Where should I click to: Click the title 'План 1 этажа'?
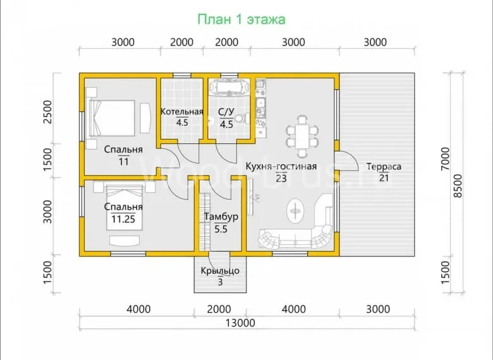[241, 20]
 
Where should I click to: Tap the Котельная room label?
[182, 112]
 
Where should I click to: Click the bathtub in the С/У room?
[229, 87]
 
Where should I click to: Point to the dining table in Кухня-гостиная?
[302, 136]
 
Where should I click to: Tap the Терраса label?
[384, 166]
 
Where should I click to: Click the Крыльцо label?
[220, 270]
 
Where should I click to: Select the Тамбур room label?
[221, 217]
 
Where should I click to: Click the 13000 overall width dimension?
[241, 323]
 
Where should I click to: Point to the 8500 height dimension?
[458, 186]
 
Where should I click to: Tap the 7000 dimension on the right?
[445, 159]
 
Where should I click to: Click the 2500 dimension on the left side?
[47, 112]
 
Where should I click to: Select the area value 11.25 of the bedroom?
[123, 219]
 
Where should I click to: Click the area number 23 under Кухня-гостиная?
[281, 179]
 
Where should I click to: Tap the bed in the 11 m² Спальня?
[112, 118]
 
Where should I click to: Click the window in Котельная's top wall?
[182, 75]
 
